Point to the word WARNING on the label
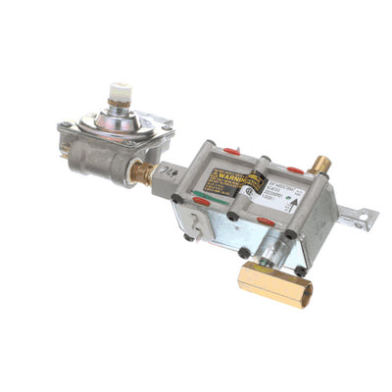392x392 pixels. point(226,179)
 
